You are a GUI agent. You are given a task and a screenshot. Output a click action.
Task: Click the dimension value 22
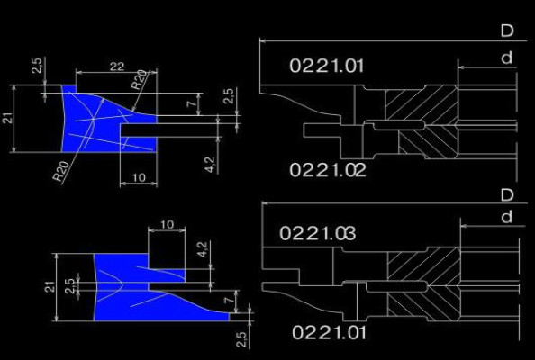click(117, 66)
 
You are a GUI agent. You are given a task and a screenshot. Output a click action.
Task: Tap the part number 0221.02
click(328, 170)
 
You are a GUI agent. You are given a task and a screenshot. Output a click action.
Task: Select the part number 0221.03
click(317, 233)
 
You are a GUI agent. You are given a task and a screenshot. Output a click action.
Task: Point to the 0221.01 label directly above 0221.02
click(327, 66)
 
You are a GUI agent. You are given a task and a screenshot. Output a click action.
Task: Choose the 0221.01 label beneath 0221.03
click(330, 332)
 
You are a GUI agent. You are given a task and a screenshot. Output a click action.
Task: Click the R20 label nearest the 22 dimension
click(140, 80)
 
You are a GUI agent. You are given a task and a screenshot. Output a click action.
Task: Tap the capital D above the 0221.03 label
click(507, 195)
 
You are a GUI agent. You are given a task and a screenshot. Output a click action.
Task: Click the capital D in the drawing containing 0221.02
click(507, 31)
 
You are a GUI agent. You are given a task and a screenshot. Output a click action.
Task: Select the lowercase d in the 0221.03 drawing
click(507, 217)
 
